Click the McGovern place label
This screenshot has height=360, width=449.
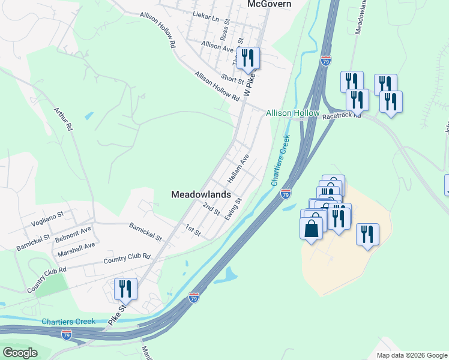tap(270, 4)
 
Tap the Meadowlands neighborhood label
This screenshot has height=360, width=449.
tap(201, 194)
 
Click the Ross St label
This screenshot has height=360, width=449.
tap(226, 29)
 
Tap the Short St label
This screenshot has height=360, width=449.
tap(232, 78)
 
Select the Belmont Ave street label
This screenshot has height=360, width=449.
tap(73, 230)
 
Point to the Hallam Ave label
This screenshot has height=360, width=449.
tap(238, 170)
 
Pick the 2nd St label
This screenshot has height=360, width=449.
tap(211, 209)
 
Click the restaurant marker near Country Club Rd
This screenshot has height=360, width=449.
tap(125, 289)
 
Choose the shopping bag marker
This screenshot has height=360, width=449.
tap(311, 228)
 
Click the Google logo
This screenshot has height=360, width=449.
tap(20, 353)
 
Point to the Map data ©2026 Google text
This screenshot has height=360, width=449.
tap(411, 355)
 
